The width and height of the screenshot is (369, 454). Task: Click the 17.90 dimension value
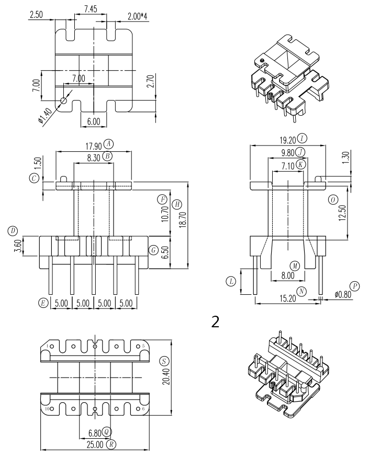pyautogui.click(x=94, y=146)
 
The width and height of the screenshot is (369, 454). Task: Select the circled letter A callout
pyautogui.click(x=109, y=143)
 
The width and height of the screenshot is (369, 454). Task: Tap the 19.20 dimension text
pyautogui.click(x=288, y=141)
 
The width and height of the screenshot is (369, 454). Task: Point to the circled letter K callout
pyautogui.click(x=301, y=164)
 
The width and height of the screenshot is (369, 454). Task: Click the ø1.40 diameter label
pyautogui.click(x=45, y=117)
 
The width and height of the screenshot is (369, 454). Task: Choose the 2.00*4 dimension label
pyautogui.click(x=138, y=17)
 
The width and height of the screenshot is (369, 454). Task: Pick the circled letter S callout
pyautogui.click(x=164, y=361)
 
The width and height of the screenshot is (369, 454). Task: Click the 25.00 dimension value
pyautogui.click(x=95, y=444)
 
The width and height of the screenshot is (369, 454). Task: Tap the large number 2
pyautogui.click(x=215, y=322)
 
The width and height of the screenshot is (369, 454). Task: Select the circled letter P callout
pyautogui.click(x=354, y=286)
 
